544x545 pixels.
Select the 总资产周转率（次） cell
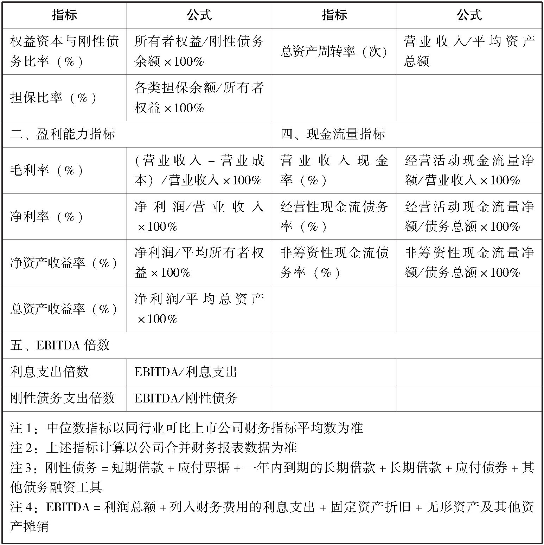[334, 52]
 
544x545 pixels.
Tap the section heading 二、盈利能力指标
[63, 134]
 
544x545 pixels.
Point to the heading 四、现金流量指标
[333, 134]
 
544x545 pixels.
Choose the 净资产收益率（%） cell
[64, 263]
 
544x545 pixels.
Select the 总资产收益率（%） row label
[64, 309]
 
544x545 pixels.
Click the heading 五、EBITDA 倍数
[60, 346]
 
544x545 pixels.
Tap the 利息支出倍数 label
[49, 372]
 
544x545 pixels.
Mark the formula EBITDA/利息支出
[186, 372]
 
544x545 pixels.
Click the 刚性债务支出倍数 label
[63, 398]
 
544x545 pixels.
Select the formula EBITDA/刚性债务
[186, 398]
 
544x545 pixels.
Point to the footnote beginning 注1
[186, 428]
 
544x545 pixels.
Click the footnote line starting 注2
[153, 447]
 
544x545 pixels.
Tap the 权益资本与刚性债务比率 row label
[64, 52]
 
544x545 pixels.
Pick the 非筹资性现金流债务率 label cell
[334, 263]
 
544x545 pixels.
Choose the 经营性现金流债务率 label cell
[334, 217]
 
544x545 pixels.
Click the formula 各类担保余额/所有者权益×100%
[199, 98]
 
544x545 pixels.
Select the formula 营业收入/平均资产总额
[469, 52]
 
